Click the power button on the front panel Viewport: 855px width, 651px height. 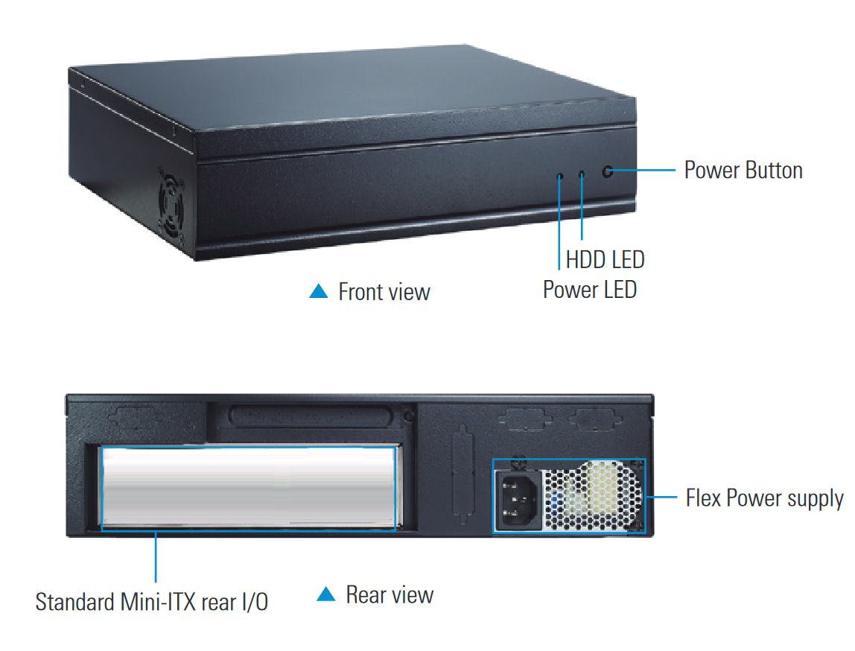pos(608,172)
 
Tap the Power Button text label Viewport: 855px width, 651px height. pos(743,170)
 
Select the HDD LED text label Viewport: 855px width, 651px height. pos(606,259)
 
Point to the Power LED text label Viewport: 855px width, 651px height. pos(589,290)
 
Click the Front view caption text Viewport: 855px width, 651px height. pos(384,292)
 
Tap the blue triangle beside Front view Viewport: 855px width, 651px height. pos(319,291)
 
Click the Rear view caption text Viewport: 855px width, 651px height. pos(390,594)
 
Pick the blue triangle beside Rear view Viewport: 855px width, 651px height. pos(326,594)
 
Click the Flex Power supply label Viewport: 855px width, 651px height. pos(764,498)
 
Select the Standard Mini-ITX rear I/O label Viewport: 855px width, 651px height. pos(152,602)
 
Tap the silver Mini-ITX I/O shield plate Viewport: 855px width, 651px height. pos(249,487)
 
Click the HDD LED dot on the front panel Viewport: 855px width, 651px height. pos(582,174)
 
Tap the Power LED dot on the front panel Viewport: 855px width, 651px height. pos(559,176)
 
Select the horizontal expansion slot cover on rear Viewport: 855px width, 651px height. pos(311,416)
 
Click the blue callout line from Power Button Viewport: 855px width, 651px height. pos(644,171)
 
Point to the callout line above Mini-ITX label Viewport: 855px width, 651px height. pos(156,556)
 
